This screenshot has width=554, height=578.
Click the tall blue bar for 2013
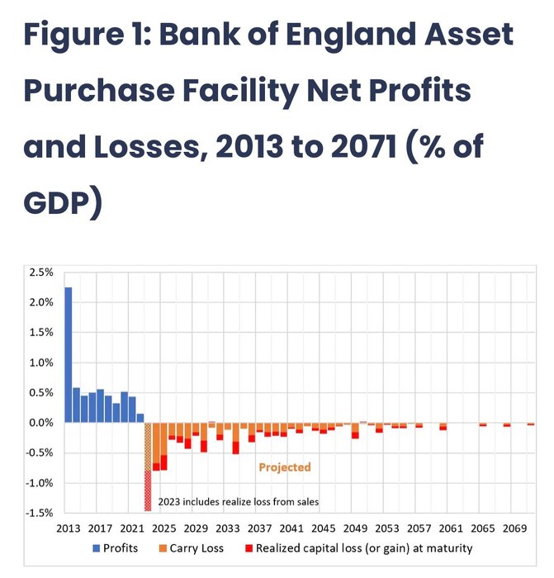(x=68, y=355)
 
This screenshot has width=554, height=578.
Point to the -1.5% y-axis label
(x=41, y=513)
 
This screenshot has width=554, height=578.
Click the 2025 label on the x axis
(x=163, y=528)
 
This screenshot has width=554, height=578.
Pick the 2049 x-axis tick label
(x=355, y=528)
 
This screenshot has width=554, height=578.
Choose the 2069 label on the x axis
(x=514, y=528)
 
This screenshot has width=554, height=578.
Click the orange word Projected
(x=285, y=467)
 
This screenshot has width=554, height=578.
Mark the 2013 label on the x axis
(x=68, y=528)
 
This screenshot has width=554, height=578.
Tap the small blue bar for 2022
(x=140, y=418)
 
